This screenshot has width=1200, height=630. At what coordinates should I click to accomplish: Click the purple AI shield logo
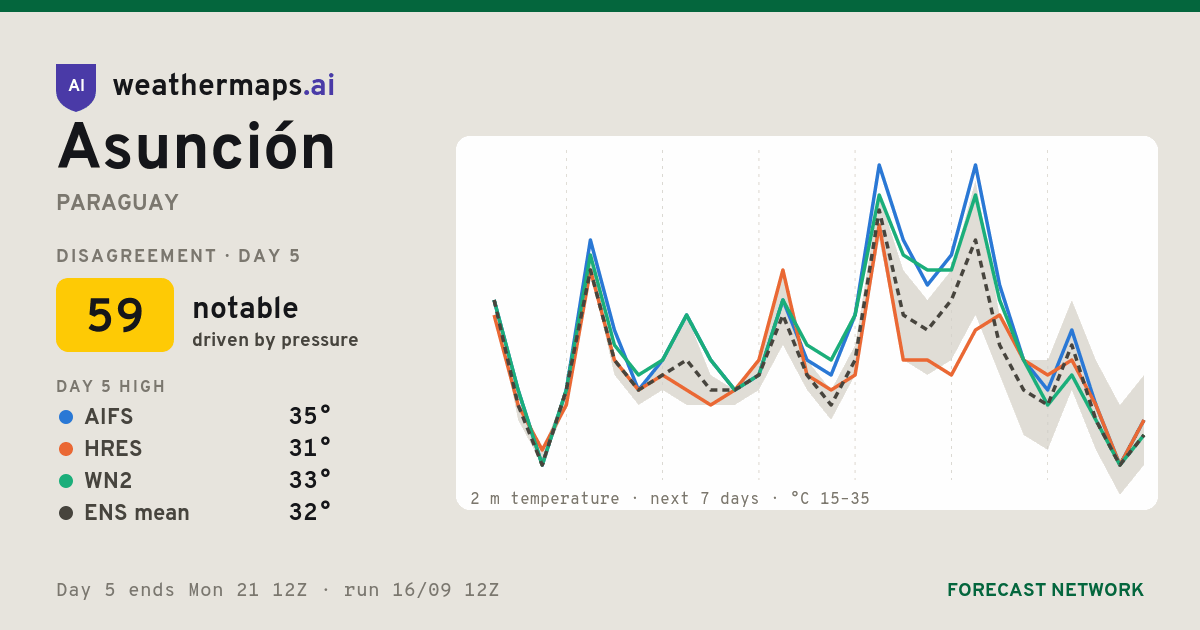tap(76, 87)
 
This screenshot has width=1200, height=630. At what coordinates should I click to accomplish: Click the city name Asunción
tap(196, 145)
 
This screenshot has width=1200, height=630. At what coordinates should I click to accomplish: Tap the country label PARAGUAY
tap(117, 202)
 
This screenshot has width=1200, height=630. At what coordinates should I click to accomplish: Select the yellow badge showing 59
tap(115, 315)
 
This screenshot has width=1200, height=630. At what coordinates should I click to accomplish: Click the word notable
tap(245, 308)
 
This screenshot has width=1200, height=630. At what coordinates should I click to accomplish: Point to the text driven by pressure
tap(275, 340)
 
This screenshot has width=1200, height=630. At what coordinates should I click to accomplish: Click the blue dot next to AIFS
tap(66, 417)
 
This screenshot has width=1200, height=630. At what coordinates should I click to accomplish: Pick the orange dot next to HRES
tap(66, 449)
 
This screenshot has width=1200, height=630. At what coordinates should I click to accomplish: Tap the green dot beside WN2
tap(66, 481)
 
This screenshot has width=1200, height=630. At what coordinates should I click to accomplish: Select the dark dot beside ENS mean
tap(66, 513)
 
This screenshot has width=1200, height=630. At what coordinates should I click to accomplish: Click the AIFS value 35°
tap(310, 416)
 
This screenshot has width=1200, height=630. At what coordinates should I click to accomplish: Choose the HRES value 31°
tap(310, 448)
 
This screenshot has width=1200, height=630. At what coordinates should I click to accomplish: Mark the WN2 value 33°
tap(310, 481)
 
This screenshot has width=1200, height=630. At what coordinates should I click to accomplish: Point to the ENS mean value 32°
tap(310, 513)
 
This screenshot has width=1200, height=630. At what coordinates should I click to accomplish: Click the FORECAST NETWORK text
tap(1045, 590)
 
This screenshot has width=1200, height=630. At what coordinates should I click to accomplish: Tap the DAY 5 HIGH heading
tap(111, 386)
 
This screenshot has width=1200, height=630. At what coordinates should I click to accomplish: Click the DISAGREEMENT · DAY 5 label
tap(178, 256)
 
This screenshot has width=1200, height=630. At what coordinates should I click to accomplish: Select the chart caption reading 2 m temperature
tap(545, 499)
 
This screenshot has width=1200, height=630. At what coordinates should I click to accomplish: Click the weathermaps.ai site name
tap(223, 85)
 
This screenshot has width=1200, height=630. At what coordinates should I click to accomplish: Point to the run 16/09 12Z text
tap(421, 590)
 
